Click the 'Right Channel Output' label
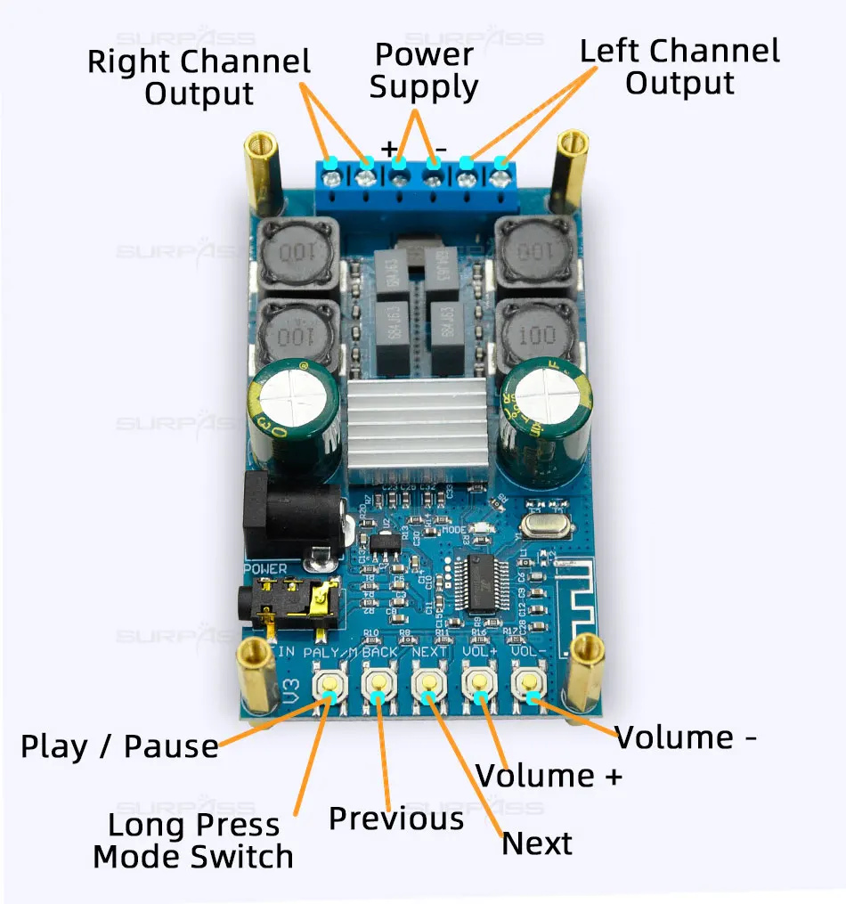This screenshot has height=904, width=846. (199, 77)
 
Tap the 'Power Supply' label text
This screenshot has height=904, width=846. (424, 71)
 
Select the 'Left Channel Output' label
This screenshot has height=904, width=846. (679, 67)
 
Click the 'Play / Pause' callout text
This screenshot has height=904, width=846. (119, 746)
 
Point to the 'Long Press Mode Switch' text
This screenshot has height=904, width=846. (193, 841)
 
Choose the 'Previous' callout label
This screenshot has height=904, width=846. (396, 818)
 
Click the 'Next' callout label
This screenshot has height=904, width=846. (537, 843)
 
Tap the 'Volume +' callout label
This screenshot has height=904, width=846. (549, 775)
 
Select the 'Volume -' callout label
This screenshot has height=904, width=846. (687, 737)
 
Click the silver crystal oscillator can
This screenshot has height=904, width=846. (544, 526)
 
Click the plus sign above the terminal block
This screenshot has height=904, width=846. (389, 149)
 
